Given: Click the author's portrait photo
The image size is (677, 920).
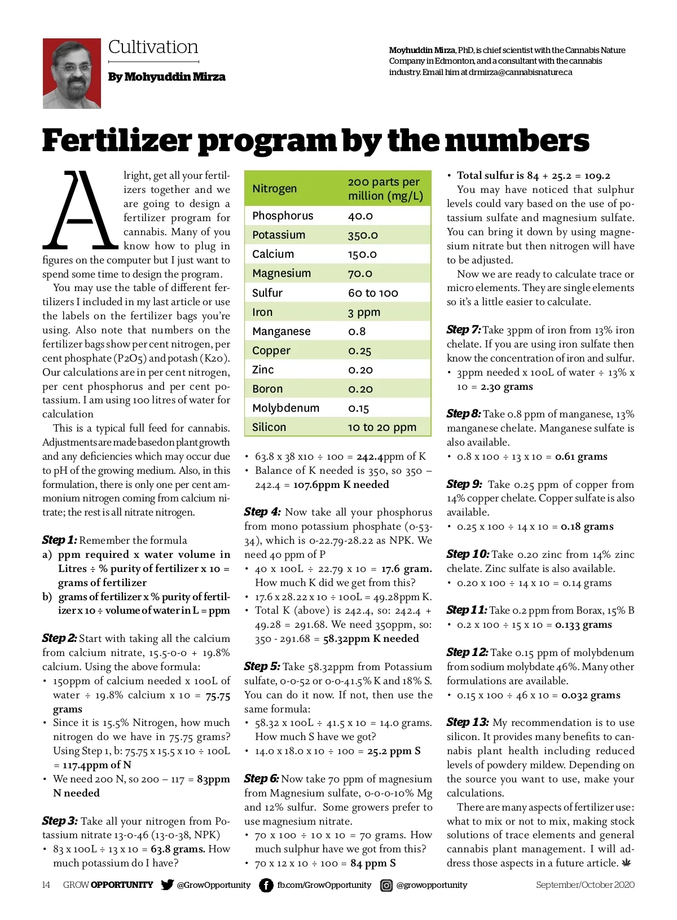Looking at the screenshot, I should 72,73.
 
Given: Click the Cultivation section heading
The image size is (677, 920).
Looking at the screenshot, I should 153,47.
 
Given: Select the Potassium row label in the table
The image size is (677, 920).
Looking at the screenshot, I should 279,235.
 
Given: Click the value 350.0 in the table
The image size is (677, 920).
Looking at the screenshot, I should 363,235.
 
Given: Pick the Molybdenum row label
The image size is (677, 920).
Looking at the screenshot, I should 285,408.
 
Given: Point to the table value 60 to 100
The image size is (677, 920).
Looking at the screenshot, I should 373,293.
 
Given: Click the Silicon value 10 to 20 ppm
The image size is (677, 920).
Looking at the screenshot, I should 382,427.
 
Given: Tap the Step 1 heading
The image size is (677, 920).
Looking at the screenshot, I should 59,540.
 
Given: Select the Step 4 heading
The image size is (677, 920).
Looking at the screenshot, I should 262,512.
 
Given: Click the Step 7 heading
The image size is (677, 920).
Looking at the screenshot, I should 463,329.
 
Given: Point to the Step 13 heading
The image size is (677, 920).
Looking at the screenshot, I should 467,722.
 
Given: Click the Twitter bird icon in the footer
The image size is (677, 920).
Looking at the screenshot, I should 167,884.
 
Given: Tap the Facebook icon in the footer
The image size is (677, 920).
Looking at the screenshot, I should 266,885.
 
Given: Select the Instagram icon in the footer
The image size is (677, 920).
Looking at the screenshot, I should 386,885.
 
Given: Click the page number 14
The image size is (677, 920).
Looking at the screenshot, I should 46,884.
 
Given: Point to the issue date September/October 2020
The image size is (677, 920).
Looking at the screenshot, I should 585,884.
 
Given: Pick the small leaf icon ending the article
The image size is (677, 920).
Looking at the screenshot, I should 626,862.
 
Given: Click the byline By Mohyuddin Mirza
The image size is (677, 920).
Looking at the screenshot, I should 166,77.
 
